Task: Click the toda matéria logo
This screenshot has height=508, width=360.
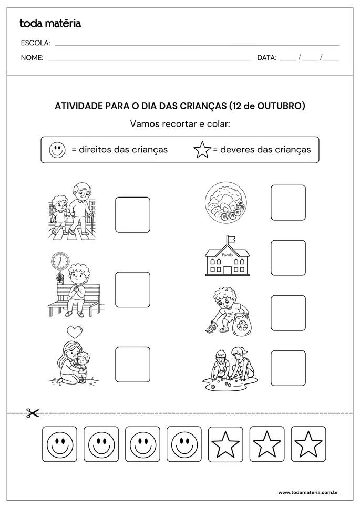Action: [50, 23]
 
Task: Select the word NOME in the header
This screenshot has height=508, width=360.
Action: [32, 58]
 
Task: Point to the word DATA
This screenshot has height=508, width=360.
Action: [266, 58]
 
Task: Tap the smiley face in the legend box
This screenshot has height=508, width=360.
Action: [57, 150]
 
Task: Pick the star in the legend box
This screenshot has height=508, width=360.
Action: [202, 150]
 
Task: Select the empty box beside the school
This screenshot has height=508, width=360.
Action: [288, 257]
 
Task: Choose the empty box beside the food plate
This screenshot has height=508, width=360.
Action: [288, 203]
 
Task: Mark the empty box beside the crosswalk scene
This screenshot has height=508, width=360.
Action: [132, 214]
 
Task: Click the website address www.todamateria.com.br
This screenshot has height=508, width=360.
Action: [307, 492]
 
